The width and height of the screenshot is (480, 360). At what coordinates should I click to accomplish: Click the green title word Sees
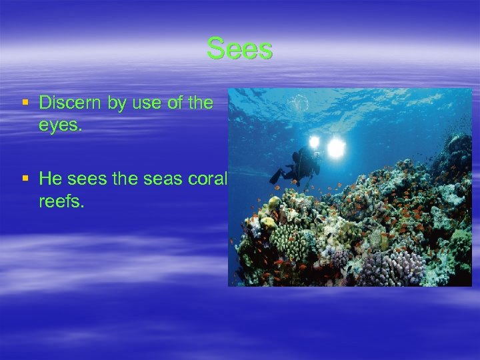click(239, 49)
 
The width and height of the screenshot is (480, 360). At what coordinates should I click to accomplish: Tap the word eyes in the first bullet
click(60, 124)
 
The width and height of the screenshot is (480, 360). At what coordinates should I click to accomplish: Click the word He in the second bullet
click(50, 179)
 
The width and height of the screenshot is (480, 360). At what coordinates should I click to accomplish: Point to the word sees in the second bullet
click(87, 179)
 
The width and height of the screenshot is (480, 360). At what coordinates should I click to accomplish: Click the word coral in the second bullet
click(209, 179)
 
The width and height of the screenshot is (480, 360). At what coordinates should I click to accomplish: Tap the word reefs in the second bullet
click(61, 199)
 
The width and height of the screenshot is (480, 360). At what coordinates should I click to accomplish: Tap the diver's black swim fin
click(275, 177)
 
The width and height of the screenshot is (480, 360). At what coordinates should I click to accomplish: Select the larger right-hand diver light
click(335, 147)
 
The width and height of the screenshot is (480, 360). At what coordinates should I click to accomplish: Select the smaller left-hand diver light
click(313, 142)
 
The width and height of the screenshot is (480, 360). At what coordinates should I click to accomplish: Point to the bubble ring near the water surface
click(298, 103)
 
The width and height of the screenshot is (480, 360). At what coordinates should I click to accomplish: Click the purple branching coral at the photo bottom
click(393, 267)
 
